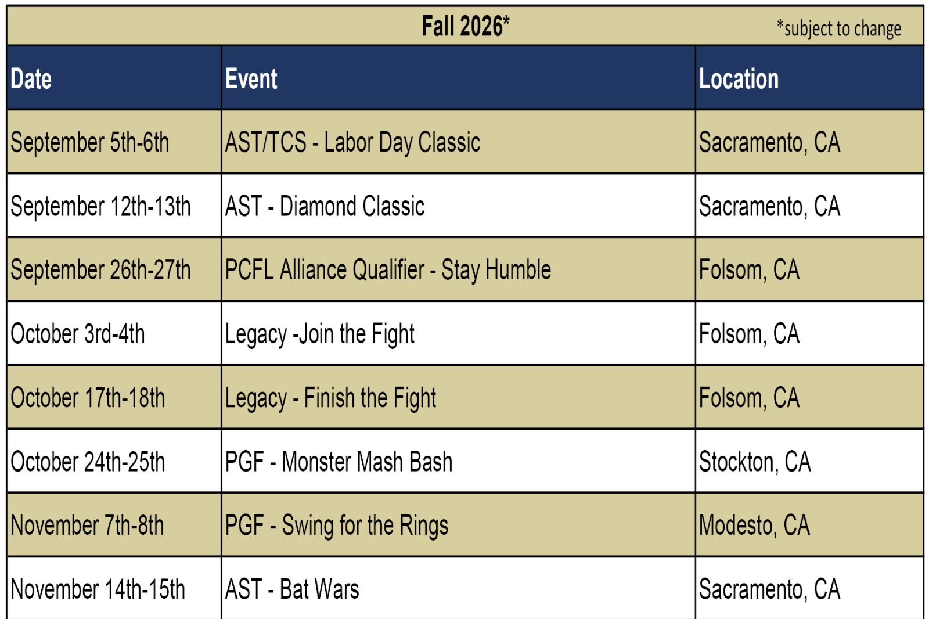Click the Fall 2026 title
(x=465, y=26)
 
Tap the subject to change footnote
(x=839, y=28)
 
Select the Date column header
(x=31, y=78)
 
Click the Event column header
(x=251, y=78)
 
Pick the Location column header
(x=739, y=78)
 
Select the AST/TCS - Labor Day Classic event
(x=352, y=142)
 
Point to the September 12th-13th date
(x=101, y=206)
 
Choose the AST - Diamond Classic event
(x=325, y=206)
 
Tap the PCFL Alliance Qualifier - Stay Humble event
(x=388, y=270)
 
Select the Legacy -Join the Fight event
(x=320, y=334)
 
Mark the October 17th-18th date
(x=88, y=397)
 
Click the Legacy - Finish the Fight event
(x=330, y=398)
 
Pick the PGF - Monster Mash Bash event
(x=339, y=461)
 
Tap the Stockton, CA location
(x=755, y=462)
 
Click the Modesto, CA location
(x=754, y=526)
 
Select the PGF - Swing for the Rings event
(x=337, y=526)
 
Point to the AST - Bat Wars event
(x=292, y=589)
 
